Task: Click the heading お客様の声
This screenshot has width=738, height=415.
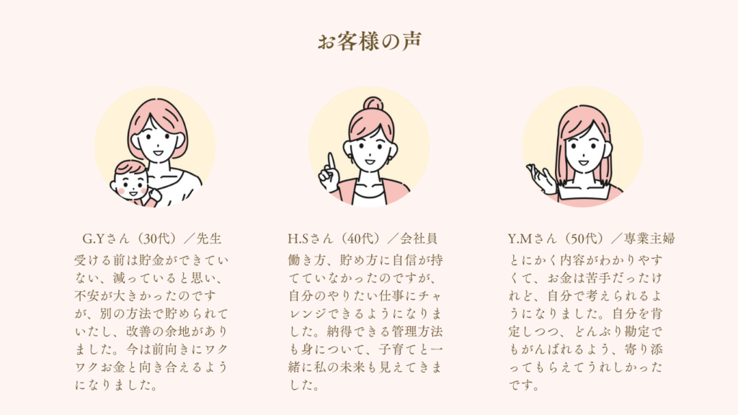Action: coord(369,41)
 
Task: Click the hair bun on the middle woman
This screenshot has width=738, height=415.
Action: coord(373,103)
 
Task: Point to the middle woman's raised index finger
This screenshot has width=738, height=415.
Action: coord(332,162)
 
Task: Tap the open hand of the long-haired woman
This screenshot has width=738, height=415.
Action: coord(541,179)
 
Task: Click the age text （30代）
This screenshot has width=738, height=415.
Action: coord(156,239)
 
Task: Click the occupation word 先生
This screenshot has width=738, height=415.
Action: coord(209,239)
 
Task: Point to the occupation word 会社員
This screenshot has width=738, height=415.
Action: coord(419,239)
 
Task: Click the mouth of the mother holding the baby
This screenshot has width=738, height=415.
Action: coord(158,153)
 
